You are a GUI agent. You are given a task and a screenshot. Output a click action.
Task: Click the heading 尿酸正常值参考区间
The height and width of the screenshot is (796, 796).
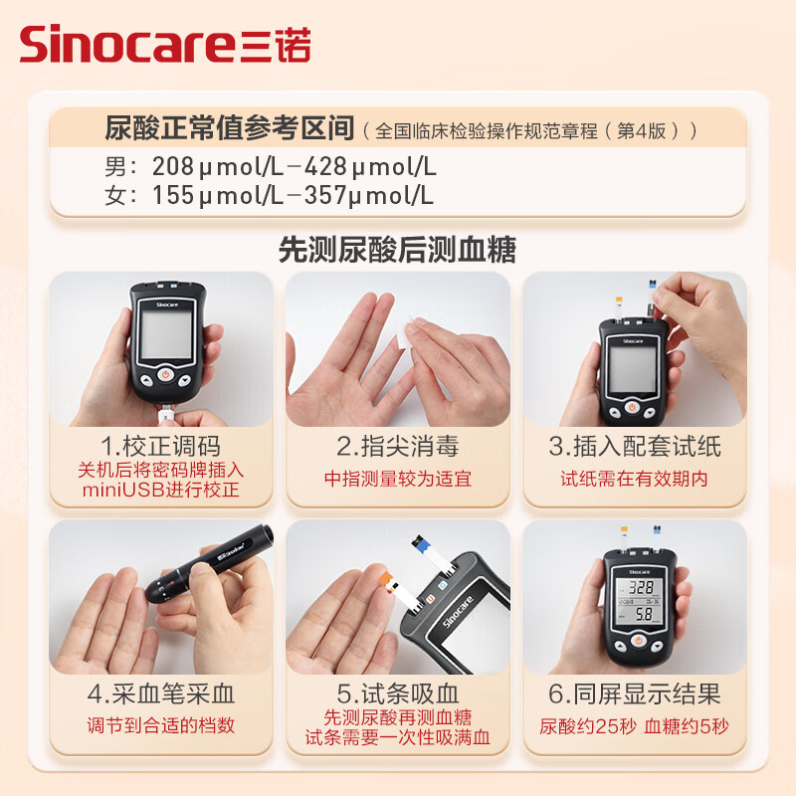[x=230, y=128]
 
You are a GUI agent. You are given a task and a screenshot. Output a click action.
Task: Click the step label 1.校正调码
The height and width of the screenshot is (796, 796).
[x=160, y=445]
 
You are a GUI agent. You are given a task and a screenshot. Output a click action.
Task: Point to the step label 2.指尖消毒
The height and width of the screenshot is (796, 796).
[x=397, y=445]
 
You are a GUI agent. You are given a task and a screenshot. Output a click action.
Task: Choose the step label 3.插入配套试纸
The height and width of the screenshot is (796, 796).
[x=634, y=445]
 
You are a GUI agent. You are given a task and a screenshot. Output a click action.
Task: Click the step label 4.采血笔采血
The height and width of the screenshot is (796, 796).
[x=160, y=693]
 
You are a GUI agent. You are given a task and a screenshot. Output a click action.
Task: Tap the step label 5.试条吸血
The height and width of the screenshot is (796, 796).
[x=397, y=693]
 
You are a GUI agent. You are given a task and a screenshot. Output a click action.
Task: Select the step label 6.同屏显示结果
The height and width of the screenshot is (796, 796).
[x=634, y=693]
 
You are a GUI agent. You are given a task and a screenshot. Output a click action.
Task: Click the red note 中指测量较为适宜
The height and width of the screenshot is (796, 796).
[x=397, y=479]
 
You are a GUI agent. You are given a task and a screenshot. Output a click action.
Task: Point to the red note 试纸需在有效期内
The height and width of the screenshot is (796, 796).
[x=634, y=479]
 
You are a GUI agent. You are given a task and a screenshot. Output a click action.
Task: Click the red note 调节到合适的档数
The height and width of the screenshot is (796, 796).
[x=160, y=725]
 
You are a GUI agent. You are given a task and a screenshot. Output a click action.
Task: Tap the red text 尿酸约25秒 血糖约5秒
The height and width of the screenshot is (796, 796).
[x=634, y=725]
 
